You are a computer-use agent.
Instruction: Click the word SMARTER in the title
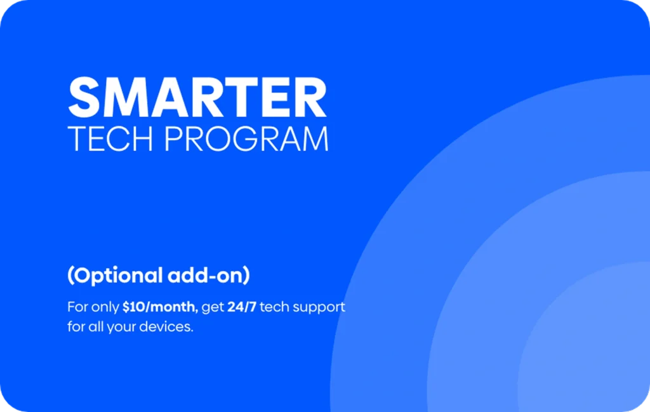[197, 97]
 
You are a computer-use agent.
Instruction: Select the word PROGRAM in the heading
[246, 139]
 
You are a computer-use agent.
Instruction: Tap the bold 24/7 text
[242, 307]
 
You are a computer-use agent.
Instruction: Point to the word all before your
[96, 326]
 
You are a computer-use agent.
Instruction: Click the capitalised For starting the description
[77, 307]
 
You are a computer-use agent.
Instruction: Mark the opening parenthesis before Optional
[70, 276]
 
